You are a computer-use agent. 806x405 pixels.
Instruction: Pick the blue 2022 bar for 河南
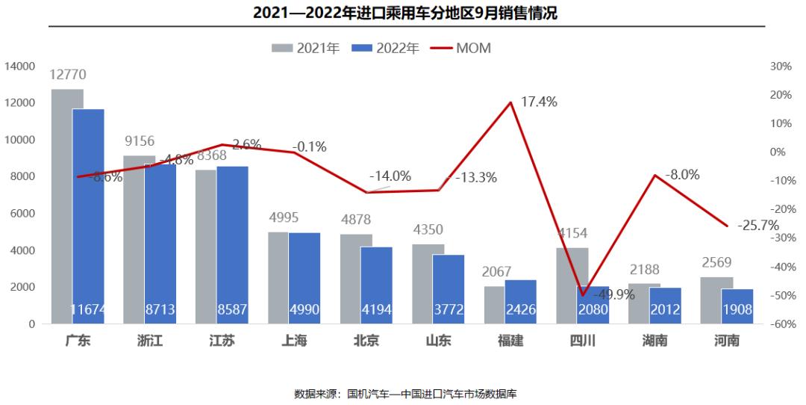[x=737, y=306]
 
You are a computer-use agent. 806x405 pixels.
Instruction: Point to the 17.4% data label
[x=538, y=102]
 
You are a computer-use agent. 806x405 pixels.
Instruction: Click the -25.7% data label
[x=757, y=225]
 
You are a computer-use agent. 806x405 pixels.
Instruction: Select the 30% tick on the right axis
[x=780, y=66]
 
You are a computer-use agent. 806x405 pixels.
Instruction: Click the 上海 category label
[x=294, y=341]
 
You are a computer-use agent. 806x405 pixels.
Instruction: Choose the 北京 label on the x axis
[x=366, y=341]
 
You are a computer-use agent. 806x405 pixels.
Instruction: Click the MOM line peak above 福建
[x=510, y=102]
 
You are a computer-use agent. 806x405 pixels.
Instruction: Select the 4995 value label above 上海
[x=283, y=218]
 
